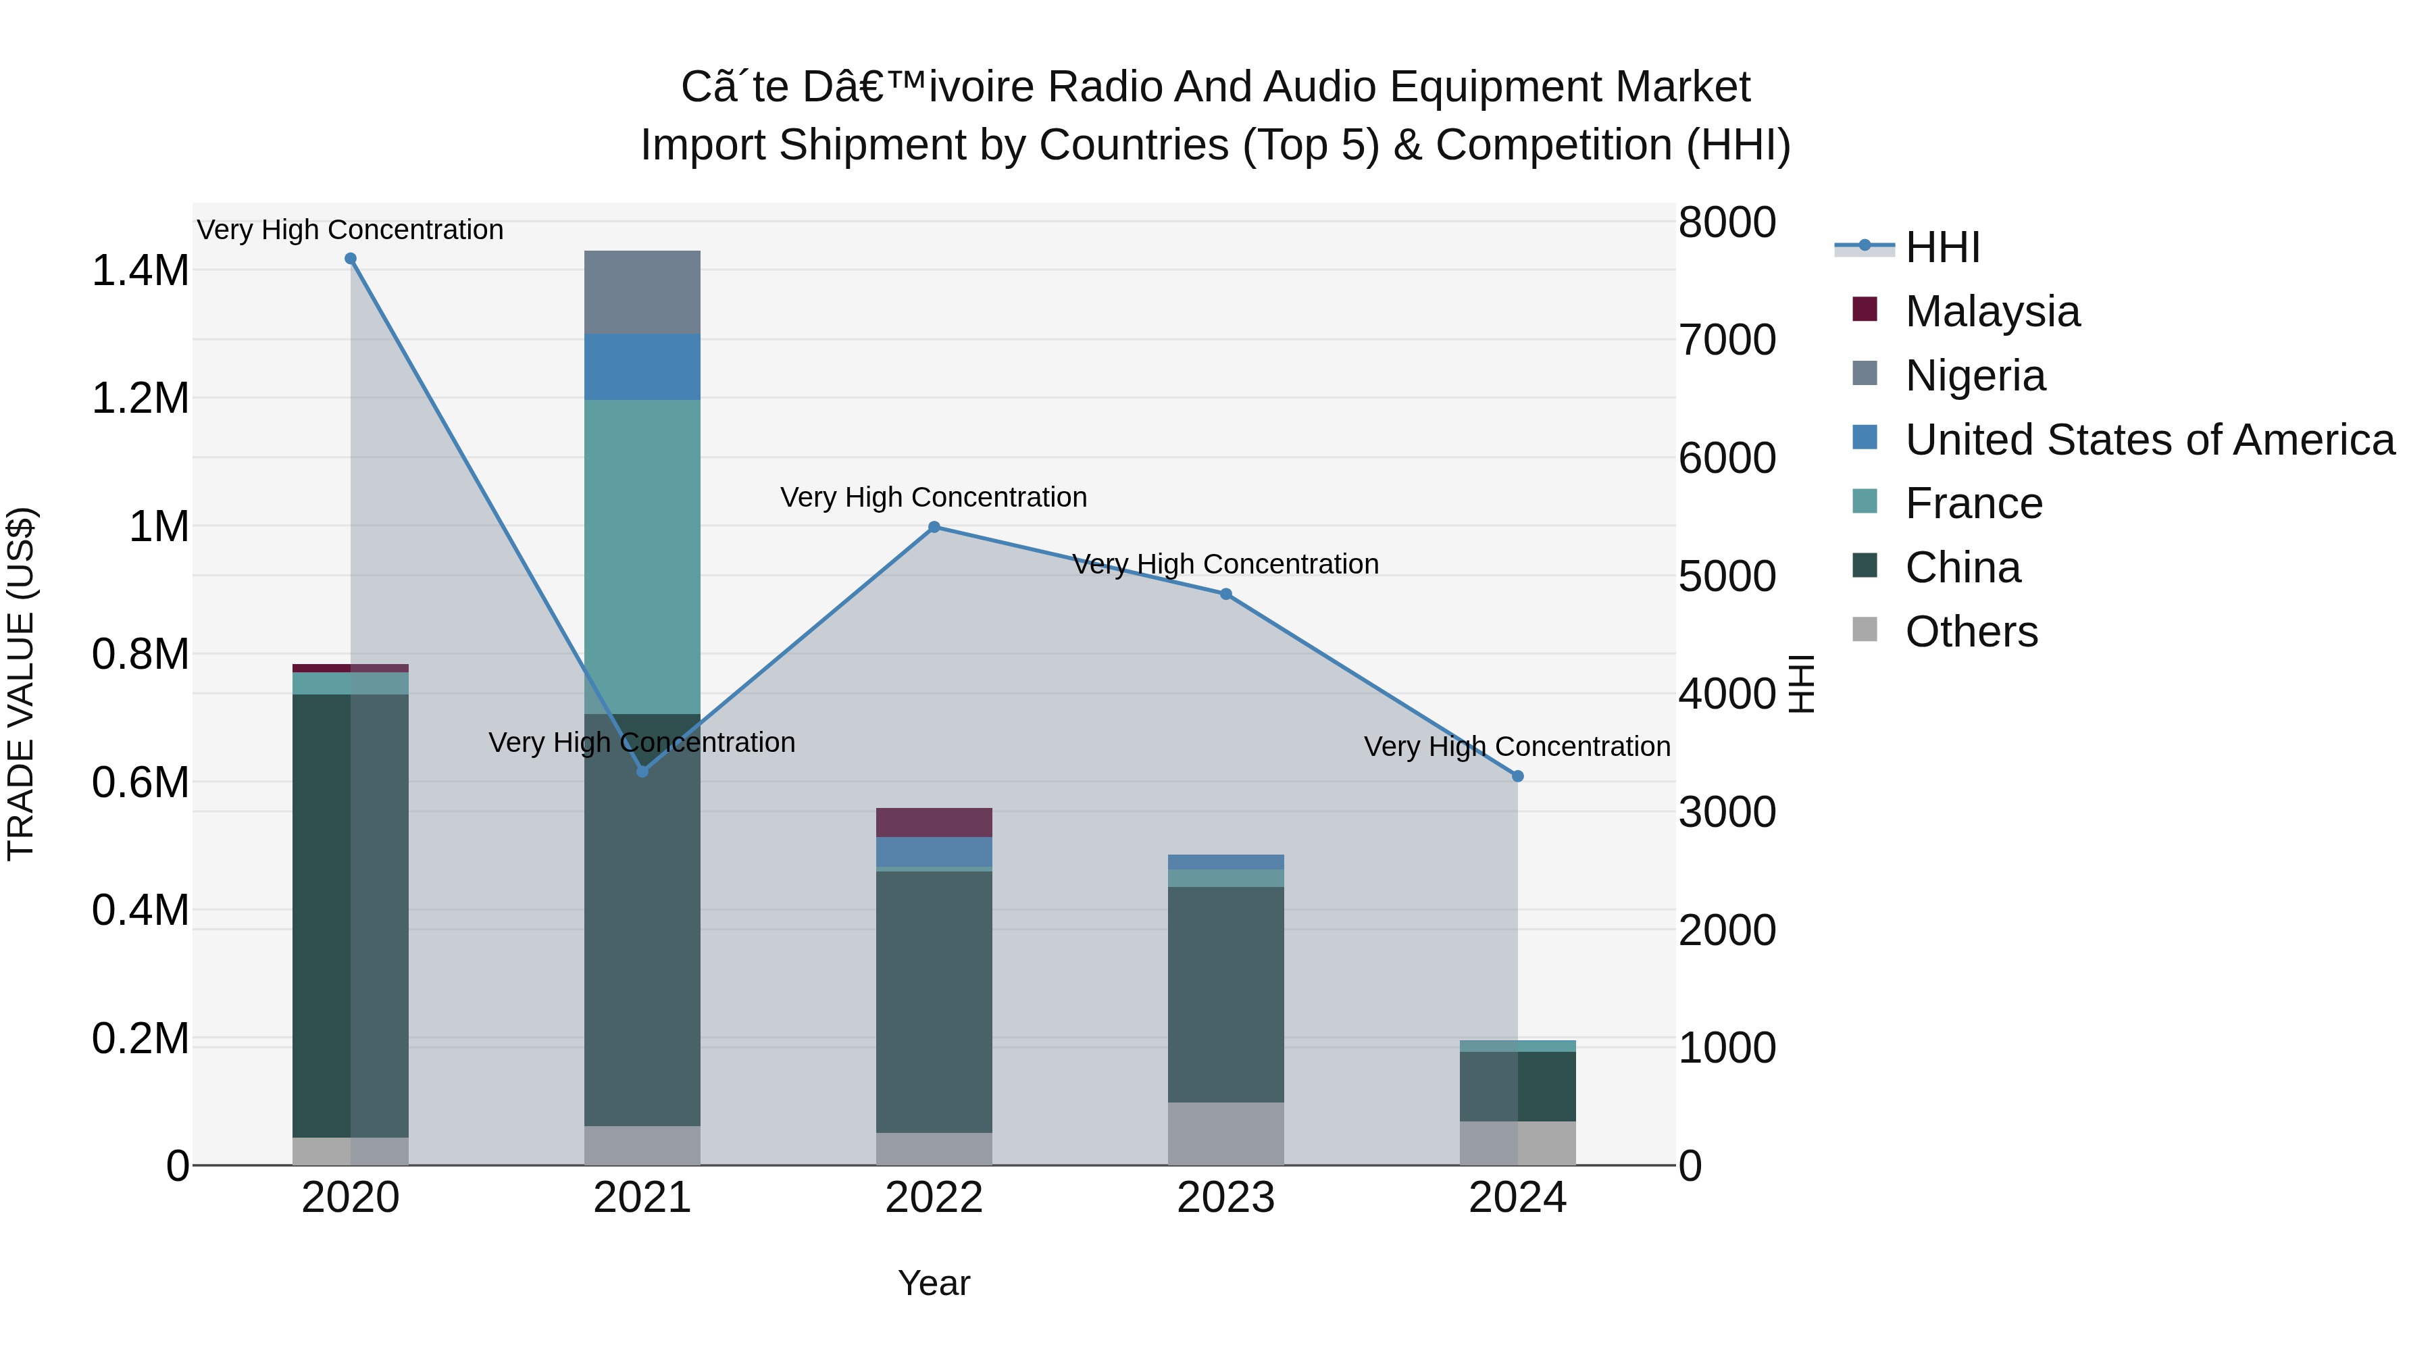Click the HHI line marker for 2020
pos(350,259)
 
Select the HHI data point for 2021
pos(643,771)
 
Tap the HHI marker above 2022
pos(935,527)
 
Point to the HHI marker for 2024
pos(1518,776)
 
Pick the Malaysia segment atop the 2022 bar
pos(935,822)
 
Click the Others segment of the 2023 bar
pos(1225,1133)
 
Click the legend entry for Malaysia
pos(1992,311)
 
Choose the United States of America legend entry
pos(2149,440)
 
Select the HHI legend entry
pos(1942,247)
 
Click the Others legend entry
pos(1971,632)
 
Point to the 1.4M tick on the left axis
pos(140,271)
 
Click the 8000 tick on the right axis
pos(1727,223)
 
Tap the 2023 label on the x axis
pos(1225,1198)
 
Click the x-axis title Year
pos(934,1283)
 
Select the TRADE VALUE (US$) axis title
pos(21,684)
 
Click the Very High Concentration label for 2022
pos(934,497)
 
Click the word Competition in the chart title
pos(1554,145)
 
